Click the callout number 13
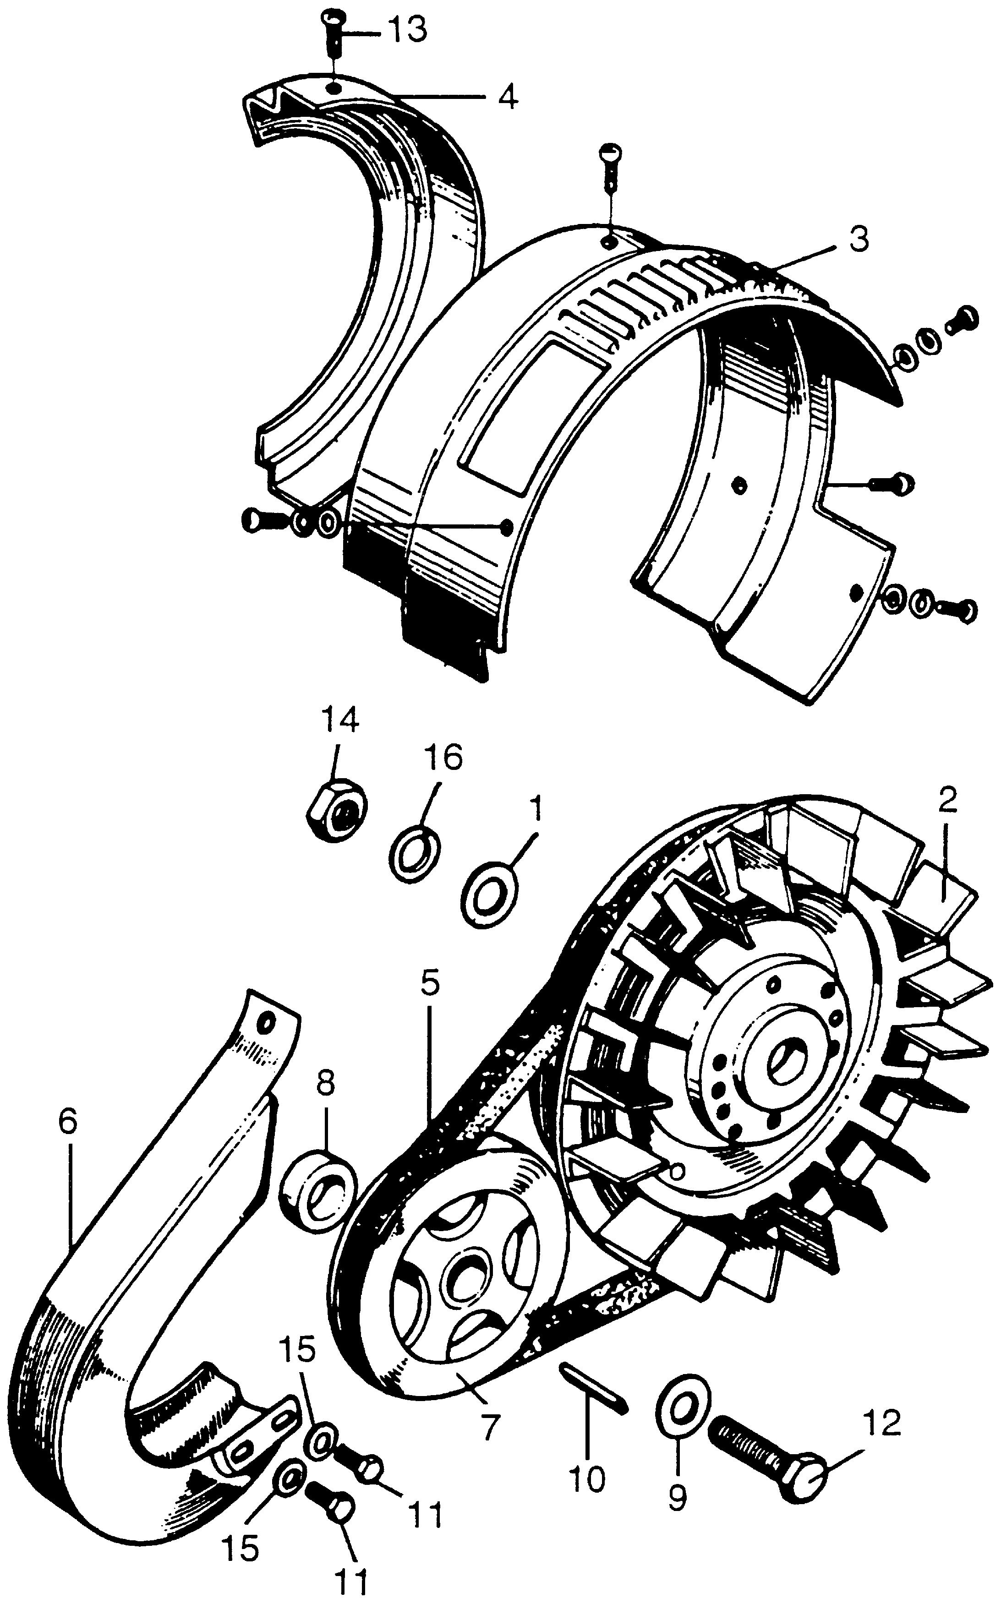tap(407, 31)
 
